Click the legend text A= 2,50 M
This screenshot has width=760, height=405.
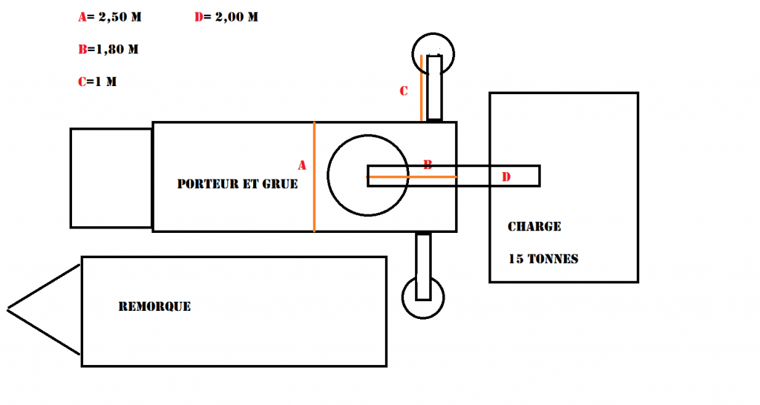coord(110,17)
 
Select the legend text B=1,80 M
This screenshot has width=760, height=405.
coord(108,50)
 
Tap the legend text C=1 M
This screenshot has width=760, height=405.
coord(97,82)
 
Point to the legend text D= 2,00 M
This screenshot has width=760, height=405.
coord(226,17)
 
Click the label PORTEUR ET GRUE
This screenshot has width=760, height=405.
coord(237,184)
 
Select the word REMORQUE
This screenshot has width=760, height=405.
coord(154,306)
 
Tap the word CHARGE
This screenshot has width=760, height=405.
coord(534,227)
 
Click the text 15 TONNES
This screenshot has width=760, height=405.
coord(543,259)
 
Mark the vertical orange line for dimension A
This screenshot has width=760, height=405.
coord(314,177)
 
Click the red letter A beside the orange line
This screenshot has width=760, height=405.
coord(302,165)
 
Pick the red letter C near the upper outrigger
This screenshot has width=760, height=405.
coord(403,91)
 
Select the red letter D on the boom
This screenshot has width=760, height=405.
coord(506,177)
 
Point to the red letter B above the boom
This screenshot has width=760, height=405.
coord(427,165)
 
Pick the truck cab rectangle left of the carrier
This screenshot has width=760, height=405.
coord(71,178)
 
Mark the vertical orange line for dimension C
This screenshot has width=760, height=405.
coord(422,88)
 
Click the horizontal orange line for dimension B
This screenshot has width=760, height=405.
coord(411,177)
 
